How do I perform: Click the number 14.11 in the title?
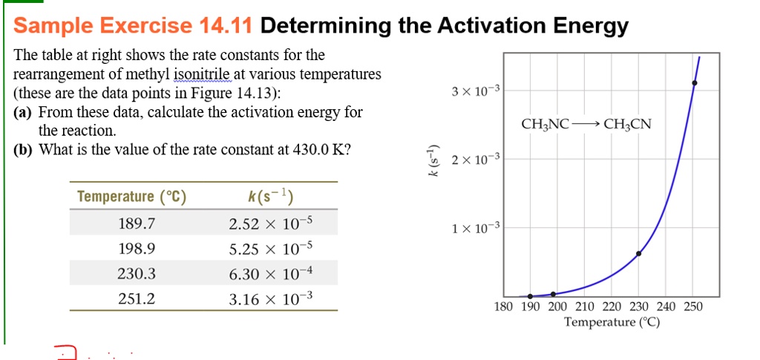pyautogui.click(x=226, y=27)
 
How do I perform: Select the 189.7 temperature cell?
pyautogui.click(x=137, y=223)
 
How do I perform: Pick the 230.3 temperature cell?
pyautogui.click(x=137, y=274)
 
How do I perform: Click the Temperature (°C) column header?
pyautogui.click(x=132, y=197)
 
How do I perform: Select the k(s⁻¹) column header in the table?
pyautogui.click(x=270, y=197)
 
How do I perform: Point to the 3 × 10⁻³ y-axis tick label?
pyautogui.click(x=476, y=91)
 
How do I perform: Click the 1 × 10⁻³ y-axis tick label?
pyautogui.click(x=476, y=227)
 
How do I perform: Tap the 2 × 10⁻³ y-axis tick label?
pyautogui.click(x=476, y=159)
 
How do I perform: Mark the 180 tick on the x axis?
pyautogui.click(x=503, y=307)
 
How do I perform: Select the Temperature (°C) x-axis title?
pyautogui.click(x=612, y=322)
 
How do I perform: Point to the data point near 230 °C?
pyautogui.click(x=639, y=253)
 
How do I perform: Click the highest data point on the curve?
pyautogui.click(x=695, y=83)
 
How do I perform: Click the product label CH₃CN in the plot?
pyautogui.click(x=627, y=125)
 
